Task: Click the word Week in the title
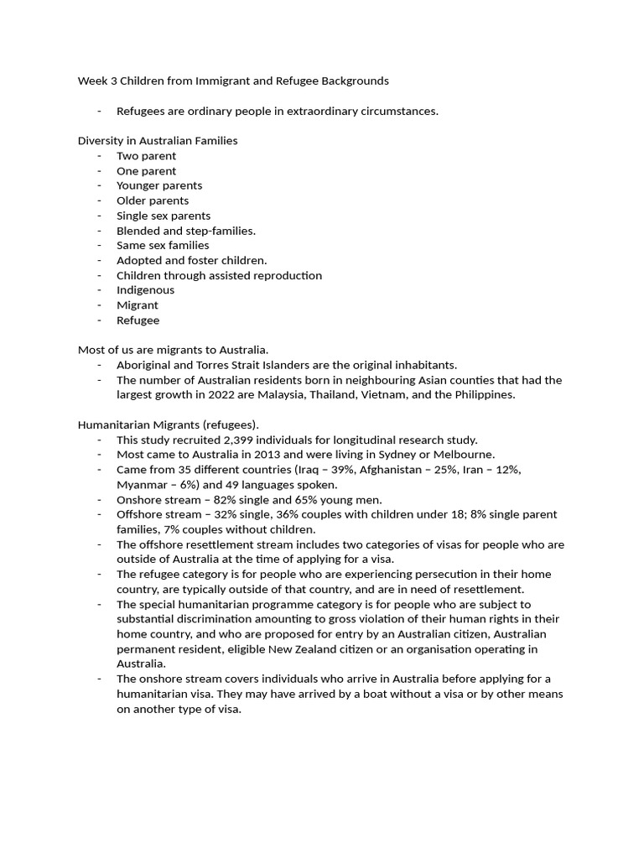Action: pyautogui.click(x=92, y=81)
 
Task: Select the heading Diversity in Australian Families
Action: pyautogui.click(x=158, y=141)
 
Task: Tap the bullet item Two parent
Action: pyautogui.click(x=146, y=156)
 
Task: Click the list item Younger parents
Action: pyautogui.click(x=159, y=185)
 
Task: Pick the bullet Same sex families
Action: pyautogui.click(x=163, y=245)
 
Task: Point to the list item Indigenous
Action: pyautogui.click(x=145, y=290)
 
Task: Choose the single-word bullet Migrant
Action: pyautogui.click(x=138, y=305)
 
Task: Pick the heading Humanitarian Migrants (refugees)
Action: pyautogui.click(x=169, y=425)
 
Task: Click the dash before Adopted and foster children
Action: pyautogui.click(x=99, y=260)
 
